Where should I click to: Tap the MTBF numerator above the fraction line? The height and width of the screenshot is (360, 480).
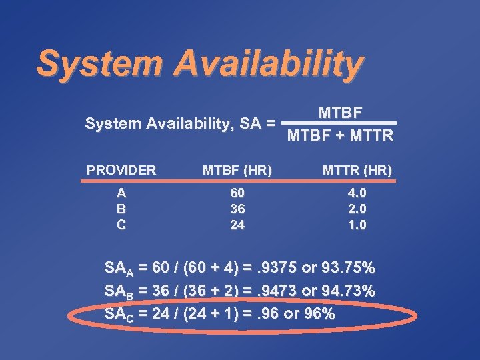pyautogui.click(x=340, y=112)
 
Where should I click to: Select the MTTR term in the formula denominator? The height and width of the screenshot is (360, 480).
pyautogui.click(x=366, y=137)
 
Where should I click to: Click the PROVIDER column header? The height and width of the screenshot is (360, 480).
pyautogui.click(x=121, y=170)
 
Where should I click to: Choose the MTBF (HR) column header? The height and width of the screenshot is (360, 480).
pyautogui.click(x=237, y=171)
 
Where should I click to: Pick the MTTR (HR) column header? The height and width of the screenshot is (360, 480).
pyautogui.click(x=357, y=171)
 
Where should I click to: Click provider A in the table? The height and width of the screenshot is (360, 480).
pyautogui.click(x=121, y=193)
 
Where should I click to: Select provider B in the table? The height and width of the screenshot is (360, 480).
pyautogui.click(x=121, y=209)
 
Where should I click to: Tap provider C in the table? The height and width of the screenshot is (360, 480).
pyautogui.click(x=121, y=225)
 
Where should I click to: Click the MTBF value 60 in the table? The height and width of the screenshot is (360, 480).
pyautogui.click(x=237, y=193)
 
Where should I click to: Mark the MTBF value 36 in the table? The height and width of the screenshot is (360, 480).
pyautogui.click(x=237, y=209)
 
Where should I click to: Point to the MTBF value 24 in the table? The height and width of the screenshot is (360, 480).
pyautogui.click(x=237, y=225)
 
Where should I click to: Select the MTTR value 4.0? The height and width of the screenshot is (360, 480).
pyautogui.click(x=357, y=193)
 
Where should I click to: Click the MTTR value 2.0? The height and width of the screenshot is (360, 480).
pyautogui.click(x=357, y=209)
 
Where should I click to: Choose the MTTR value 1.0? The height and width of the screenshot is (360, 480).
pyautogui.click(x=357, y=225)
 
